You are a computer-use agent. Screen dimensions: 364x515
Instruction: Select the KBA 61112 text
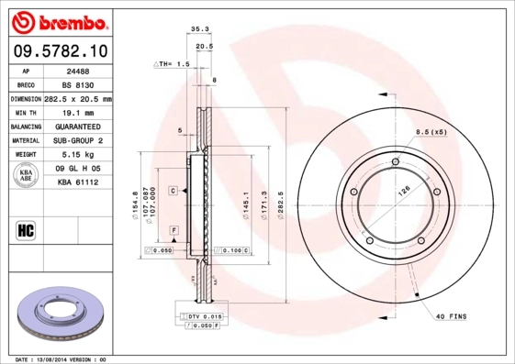[78, 182]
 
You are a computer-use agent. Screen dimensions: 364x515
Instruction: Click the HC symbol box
[26, 229]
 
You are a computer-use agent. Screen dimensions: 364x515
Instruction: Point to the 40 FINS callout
[450, 316]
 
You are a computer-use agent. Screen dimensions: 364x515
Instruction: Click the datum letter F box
[174, 228]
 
